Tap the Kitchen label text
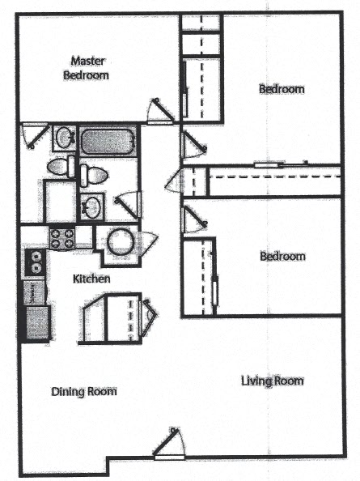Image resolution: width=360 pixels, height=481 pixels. (x=91, y=279)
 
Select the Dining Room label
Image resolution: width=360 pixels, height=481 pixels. (x=84, y=391)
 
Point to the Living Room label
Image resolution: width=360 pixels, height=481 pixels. (x=272, y=381)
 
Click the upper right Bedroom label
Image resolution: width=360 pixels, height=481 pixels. (x=282, y=88)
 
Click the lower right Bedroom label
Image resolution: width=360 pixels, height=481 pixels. (x=282, y=257)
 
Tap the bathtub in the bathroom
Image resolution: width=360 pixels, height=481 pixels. (x=108, y=140)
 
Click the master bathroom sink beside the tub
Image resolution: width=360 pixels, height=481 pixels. (x=65, y=137)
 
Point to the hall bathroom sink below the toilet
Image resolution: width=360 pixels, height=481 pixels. (x=91, y=206)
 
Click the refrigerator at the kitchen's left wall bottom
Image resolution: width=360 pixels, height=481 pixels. (x=36, y=321)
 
